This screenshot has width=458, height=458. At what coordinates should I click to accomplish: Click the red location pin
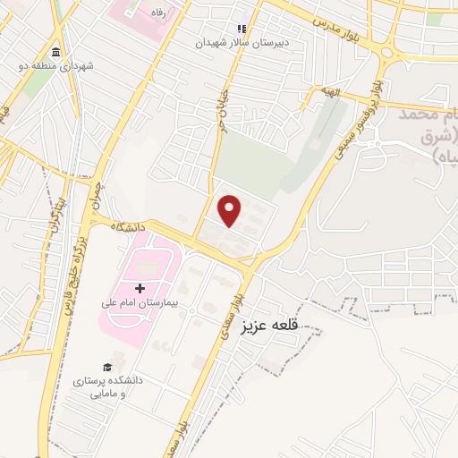[x=231, y=210]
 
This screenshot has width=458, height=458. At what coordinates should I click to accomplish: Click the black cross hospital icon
[x=140, y=287]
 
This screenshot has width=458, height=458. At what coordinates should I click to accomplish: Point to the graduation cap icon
[x=108, y=368]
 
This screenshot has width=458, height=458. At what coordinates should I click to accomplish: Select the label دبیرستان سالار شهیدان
[x=243, y=42]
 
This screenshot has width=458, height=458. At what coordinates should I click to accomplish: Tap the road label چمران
[x=94, y=198]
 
